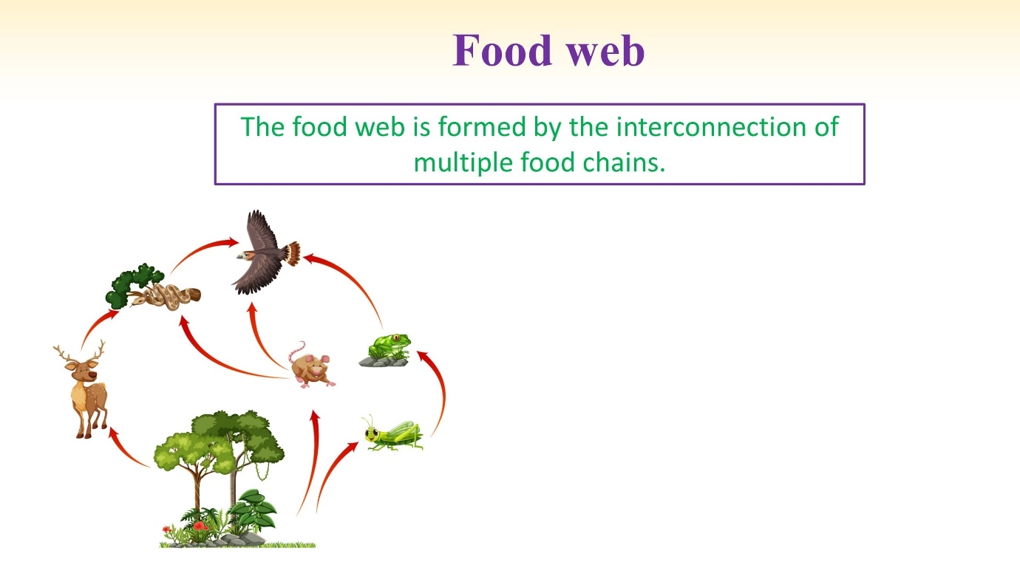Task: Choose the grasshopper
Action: (x=393, y=433)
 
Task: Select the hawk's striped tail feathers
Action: (x=293, y=253)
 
